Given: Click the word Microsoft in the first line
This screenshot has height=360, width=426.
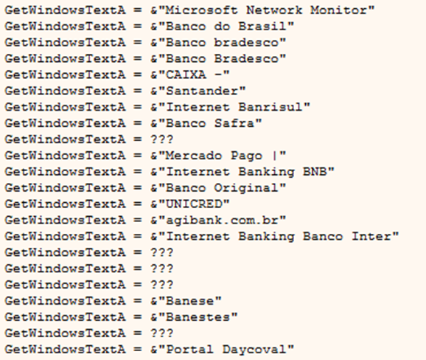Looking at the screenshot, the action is point(201,10).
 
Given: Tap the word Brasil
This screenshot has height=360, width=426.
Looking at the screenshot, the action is point(262,27).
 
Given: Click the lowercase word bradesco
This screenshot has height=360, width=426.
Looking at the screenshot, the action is point(246,43).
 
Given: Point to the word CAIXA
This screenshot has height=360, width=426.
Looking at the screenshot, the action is point(186,75).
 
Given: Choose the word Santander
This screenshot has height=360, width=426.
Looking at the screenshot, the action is point(202,91).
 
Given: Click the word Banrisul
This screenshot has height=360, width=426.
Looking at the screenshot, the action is point(270,107).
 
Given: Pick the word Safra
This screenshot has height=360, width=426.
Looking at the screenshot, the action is point(234,123).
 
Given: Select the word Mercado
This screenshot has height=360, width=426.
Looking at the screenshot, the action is point(194,156).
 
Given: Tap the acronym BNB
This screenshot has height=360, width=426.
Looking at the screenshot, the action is point(315,172).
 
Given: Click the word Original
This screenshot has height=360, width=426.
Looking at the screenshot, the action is point(246,188).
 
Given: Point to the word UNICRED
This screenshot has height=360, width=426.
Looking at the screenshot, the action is point(194,204).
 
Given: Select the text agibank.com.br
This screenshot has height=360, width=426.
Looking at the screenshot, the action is point(222,221).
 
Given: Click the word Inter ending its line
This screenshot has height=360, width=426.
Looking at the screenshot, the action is point(371,237).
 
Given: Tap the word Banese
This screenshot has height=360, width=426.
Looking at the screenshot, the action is point(189,301).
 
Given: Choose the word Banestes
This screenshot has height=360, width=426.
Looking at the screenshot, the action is point(198,317).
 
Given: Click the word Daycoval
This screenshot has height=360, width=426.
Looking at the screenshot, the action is point(254,350).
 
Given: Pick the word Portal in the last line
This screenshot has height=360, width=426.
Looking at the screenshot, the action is point(189,350).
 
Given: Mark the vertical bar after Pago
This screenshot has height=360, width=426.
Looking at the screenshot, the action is point(275,156).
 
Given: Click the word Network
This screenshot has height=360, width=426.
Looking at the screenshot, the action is point(274,10).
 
